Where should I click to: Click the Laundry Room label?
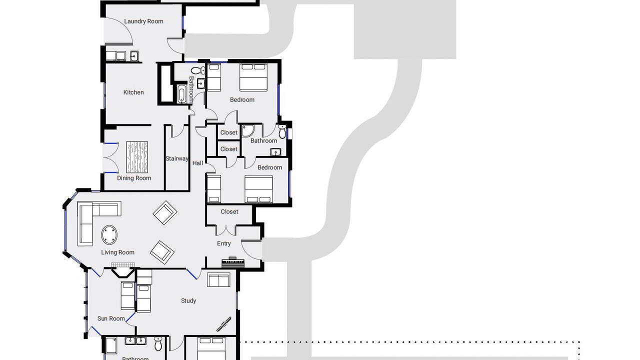tap(143, 21)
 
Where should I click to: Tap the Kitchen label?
tap(133, 92)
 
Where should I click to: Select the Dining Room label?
tap(134, 178)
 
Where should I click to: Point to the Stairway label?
tap(177, 158)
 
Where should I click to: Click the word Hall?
tap(197, 163)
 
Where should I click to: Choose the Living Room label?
tap(117, 252)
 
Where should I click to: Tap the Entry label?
tap(223, 243)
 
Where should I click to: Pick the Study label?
tap(188, 301)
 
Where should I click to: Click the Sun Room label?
tap(111, 318)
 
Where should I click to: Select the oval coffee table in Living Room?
tap(109, 235)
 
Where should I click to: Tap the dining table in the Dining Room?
tap(137, 157)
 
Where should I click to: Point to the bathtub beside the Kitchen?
tap(181, 93)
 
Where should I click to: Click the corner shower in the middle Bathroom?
tap(247, 130)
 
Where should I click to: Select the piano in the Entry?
tap(233, 262)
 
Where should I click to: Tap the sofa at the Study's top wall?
tap(219, 280)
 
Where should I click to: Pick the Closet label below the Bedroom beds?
tap(229, 211)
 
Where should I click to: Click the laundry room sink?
tap(134, 56)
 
